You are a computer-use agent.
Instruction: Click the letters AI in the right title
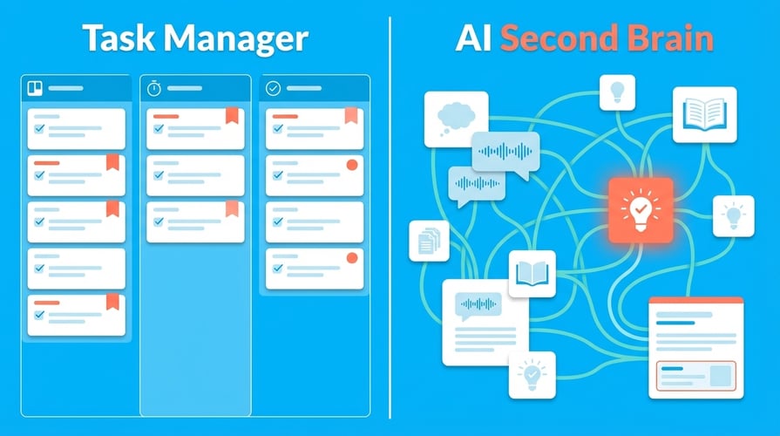coord(473,38)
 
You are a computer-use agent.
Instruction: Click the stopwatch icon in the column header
coord(154,88)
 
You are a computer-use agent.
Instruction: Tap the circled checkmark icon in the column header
coord(273,88)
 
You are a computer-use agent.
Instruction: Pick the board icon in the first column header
coord(36,88)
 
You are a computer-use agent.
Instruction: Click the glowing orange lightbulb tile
coord(641,208)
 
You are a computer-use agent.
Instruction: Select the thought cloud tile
coord(456,119)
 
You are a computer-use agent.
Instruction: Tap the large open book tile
coord(704,114)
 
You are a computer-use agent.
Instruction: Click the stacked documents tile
coord(429,241)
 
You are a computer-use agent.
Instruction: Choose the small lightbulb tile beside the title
coord(617,92)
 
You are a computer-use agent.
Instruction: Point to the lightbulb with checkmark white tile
coord(532,374)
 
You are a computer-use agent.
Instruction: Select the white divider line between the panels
coord(390,218)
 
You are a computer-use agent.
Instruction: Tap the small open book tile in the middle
coord(532,274)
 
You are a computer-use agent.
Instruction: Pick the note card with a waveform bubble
coord(485,322)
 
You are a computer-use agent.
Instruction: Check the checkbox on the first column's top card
coord(39,129)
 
